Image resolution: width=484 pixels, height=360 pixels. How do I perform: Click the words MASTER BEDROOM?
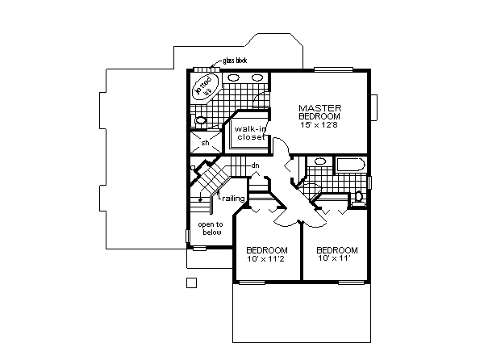[x=320, y=112]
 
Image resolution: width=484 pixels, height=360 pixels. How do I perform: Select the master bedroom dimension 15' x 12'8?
[x=320, y=125]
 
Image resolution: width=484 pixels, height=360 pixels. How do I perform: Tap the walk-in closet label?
[x=250, y=132]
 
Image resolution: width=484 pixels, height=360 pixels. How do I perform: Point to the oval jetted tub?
[x=205, y=86]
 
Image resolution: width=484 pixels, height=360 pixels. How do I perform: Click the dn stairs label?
[x=254, y=165]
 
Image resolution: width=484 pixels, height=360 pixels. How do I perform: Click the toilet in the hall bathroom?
[x=360, y=196]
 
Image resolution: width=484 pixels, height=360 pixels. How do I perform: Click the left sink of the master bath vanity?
[x=232, y=77]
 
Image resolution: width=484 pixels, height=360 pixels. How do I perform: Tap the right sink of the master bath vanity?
[x=257, y=77]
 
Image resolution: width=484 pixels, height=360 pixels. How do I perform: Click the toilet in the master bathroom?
[x=201, y=121]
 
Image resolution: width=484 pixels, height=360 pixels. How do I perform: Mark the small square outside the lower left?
[x=191, y=282]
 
